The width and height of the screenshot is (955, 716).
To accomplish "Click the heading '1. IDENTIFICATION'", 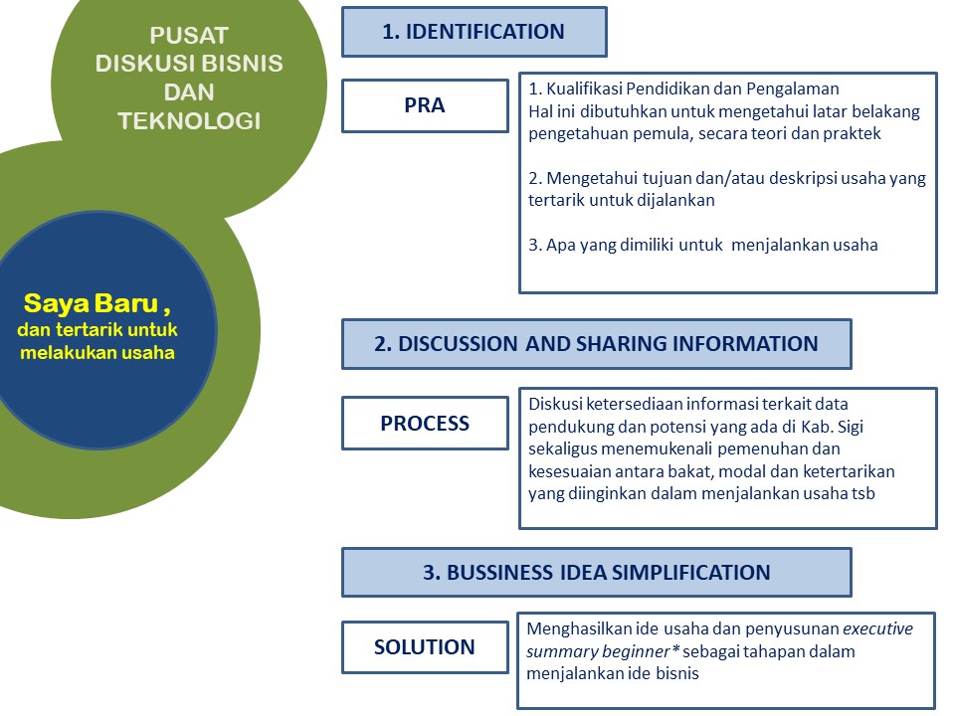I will coord(474,32).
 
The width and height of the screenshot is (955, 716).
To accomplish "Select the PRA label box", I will coord(425,106).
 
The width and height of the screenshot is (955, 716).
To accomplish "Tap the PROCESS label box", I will coord(425,424).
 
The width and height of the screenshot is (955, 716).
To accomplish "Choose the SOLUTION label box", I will coord(425,647).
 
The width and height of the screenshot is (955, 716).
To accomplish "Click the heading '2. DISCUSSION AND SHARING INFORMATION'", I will coord(596,344).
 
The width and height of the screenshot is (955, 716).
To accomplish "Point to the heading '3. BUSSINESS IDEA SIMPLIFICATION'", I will coord(596,573).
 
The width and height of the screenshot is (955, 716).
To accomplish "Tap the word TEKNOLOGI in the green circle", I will coord(189,121).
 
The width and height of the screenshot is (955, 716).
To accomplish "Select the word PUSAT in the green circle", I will coord(189,36).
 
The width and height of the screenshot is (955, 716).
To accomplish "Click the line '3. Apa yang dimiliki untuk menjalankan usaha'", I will coord(703,245).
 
